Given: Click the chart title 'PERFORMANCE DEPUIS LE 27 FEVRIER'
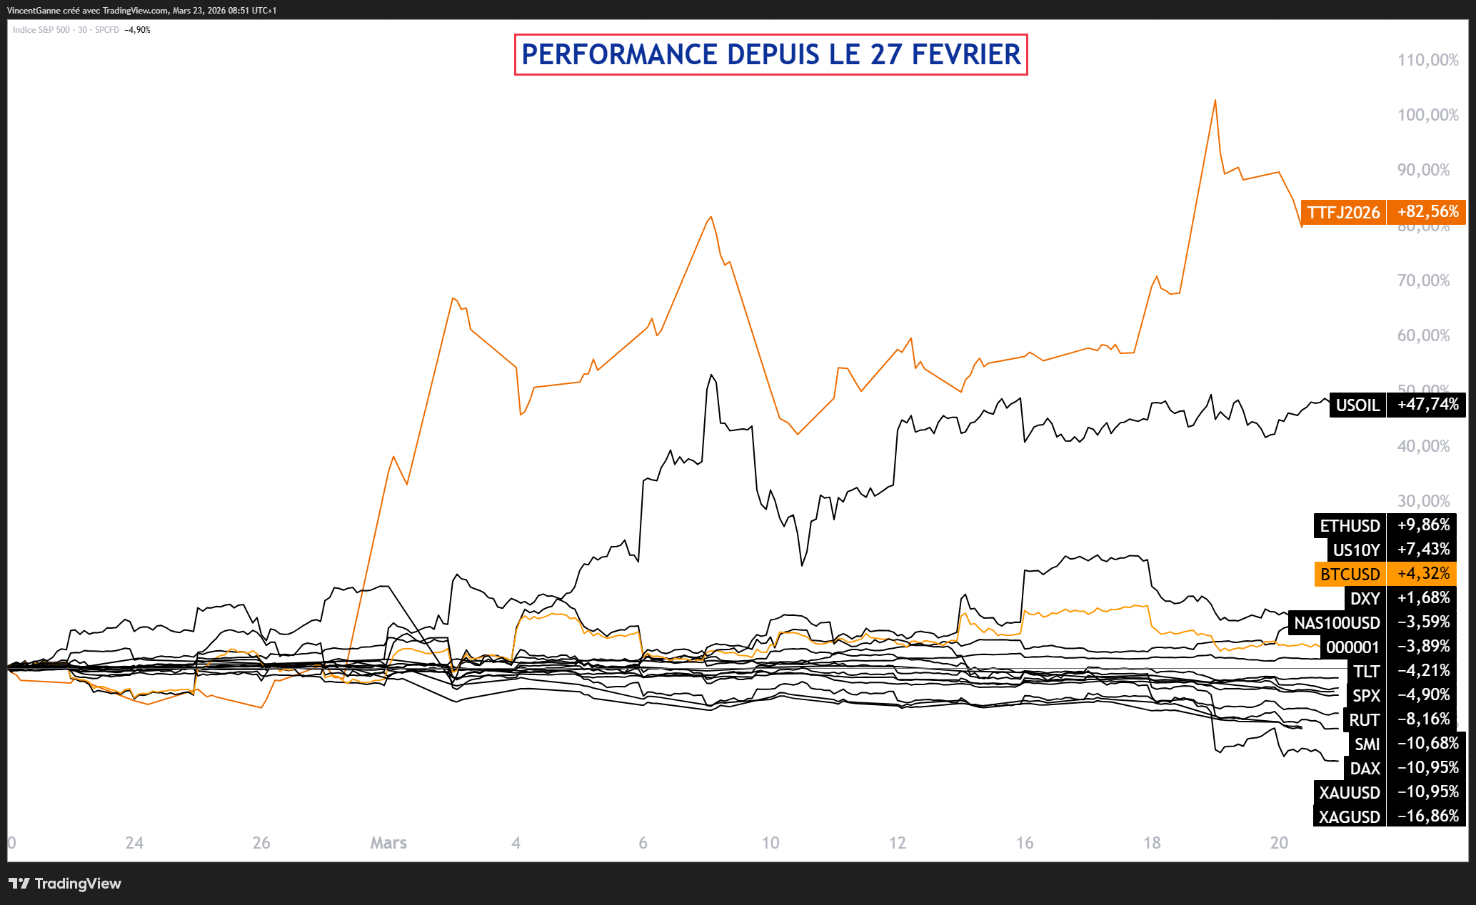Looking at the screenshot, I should (770, 55).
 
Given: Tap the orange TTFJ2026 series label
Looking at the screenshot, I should (1343, 213).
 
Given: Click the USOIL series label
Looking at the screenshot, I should (1357, 405).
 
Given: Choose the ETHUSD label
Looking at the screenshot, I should (1350, 526).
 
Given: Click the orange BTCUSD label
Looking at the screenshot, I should (1350, 575).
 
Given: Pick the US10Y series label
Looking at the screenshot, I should (1356, 550).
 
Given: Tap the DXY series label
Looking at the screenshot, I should (1364, 599).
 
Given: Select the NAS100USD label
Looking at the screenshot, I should (1337, 623).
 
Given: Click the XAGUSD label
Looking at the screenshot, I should (1349, 817).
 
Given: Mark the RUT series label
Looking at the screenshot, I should (1364, 720).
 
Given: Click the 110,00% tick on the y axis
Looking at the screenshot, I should (1427, 60).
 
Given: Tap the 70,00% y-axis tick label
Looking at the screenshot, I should (1423, 280).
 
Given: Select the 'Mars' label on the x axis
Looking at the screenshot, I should (388, 843).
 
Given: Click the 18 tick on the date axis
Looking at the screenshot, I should (1152, 843).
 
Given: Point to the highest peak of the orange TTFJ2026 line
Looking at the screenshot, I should (1215, 101).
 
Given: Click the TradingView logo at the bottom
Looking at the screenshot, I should (65, 884).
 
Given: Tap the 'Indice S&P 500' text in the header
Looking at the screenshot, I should (41, 30).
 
